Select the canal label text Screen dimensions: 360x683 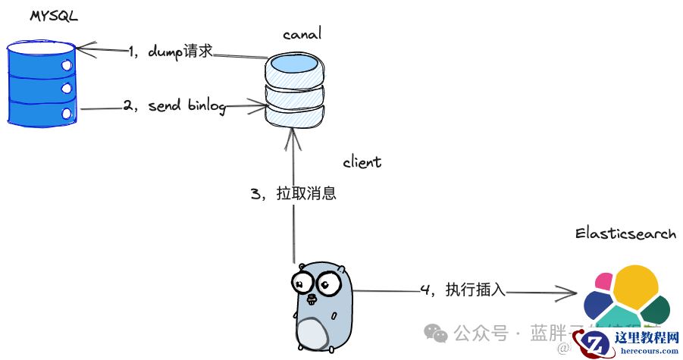tap(302, 34)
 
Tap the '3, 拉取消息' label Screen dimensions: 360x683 tap(293, 193)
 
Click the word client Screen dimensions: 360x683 tap(362, 163)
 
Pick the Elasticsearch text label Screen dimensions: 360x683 tap(625, 234)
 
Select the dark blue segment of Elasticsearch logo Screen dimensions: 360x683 tap(598, 305)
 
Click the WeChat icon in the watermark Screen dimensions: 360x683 tap(435, 332)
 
